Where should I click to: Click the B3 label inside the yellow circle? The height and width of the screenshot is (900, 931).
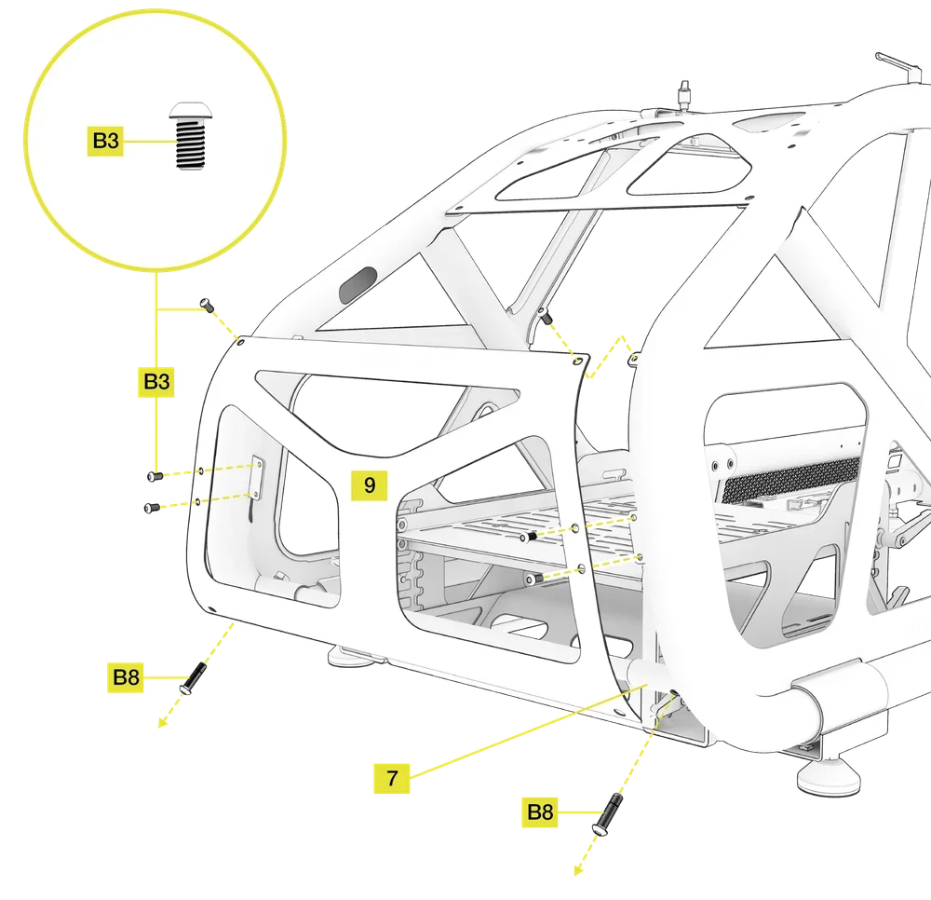tap(105, 141)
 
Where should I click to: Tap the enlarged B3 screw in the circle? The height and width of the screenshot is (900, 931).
tap(190, 136)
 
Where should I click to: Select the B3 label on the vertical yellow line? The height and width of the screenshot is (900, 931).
tap(156, 381)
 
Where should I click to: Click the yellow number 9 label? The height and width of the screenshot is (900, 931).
tap(370, 485)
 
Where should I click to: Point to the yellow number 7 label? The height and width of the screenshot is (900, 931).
tap(392, 778)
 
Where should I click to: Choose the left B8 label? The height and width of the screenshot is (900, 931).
tap(126, 676)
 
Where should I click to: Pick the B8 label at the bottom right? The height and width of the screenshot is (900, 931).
tap(540, 811)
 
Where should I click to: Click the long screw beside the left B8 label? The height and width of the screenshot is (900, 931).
tap(193, 678)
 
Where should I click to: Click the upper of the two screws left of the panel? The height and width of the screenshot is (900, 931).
tap(155, 476)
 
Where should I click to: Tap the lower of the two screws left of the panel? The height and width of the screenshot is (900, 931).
tap(152, 508)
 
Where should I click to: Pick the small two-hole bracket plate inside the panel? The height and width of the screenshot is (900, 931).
tap(258, 477)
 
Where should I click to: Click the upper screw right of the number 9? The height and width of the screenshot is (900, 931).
tap(529, 537)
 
